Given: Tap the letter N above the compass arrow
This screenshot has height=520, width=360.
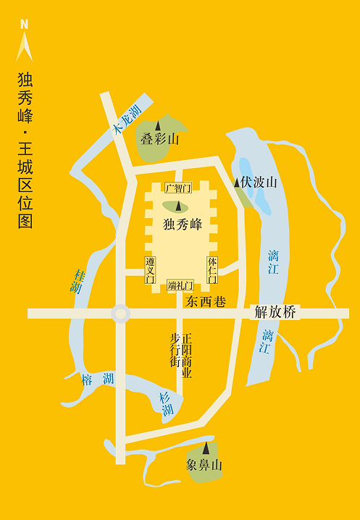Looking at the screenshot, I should click(25, 24).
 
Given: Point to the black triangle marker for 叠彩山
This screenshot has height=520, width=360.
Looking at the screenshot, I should click(158, 127).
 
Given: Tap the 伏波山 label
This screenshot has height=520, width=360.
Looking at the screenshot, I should click(259, 183).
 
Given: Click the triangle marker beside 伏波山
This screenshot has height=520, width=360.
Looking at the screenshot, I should click(237, 183).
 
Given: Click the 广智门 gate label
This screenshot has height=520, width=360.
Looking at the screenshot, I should click(177, 189).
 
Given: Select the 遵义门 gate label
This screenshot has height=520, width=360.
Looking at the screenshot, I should click(150, 269).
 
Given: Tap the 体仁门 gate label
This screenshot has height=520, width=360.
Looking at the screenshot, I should click(212, 269).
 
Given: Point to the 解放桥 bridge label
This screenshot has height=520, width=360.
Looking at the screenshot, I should click(275, 314).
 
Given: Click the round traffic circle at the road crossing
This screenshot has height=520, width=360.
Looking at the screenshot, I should click(120, 314).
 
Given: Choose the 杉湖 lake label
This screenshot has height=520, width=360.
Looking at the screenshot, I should click(166, 403).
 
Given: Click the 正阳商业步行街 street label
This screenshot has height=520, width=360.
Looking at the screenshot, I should click(180, 356).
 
